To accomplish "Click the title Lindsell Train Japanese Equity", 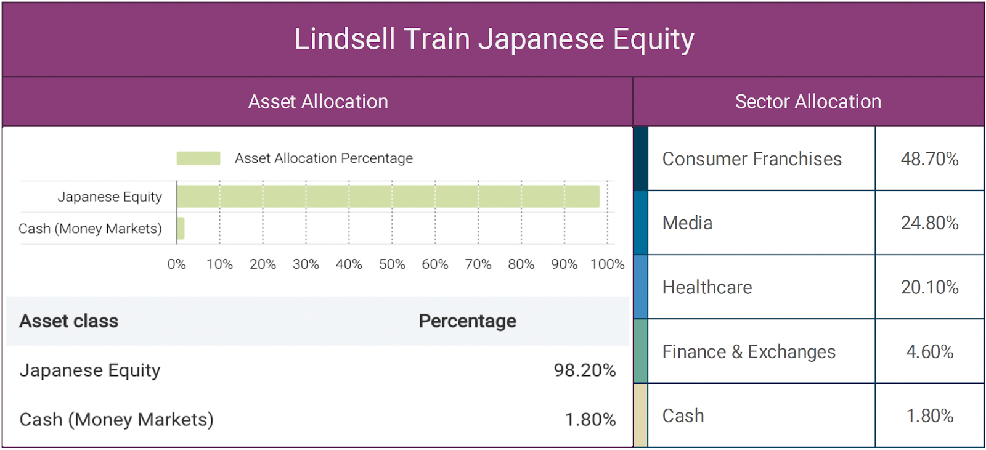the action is click(494, 39).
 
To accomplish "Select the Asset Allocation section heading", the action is click(318, 102).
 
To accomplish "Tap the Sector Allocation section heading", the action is click(808, 102).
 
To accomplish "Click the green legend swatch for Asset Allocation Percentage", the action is click(198, 158).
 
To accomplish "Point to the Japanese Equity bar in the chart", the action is click(388, 197).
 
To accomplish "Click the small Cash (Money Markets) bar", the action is click(181, 229).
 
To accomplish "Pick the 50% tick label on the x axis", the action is click(392, 264).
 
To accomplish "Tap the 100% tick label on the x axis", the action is click(608, 264).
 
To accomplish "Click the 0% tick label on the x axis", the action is click(176, 264).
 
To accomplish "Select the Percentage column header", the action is click(468, 321).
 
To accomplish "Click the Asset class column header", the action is click(68, 321).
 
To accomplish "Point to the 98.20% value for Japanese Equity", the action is click(585, 370).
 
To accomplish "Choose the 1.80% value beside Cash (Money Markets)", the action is click(590, 420).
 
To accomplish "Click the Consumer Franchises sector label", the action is click(752, 159).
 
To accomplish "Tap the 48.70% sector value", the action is click(930, 159).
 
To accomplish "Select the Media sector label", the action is click(687, 223).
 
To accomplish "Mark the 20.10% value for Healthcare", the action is click(930, 287).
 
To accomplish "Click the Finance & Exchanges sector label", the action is click(749, 352).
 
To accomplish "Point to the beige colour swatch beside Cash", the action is click(640, 415).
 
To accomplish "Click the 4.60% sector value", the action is click(930, 352).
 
